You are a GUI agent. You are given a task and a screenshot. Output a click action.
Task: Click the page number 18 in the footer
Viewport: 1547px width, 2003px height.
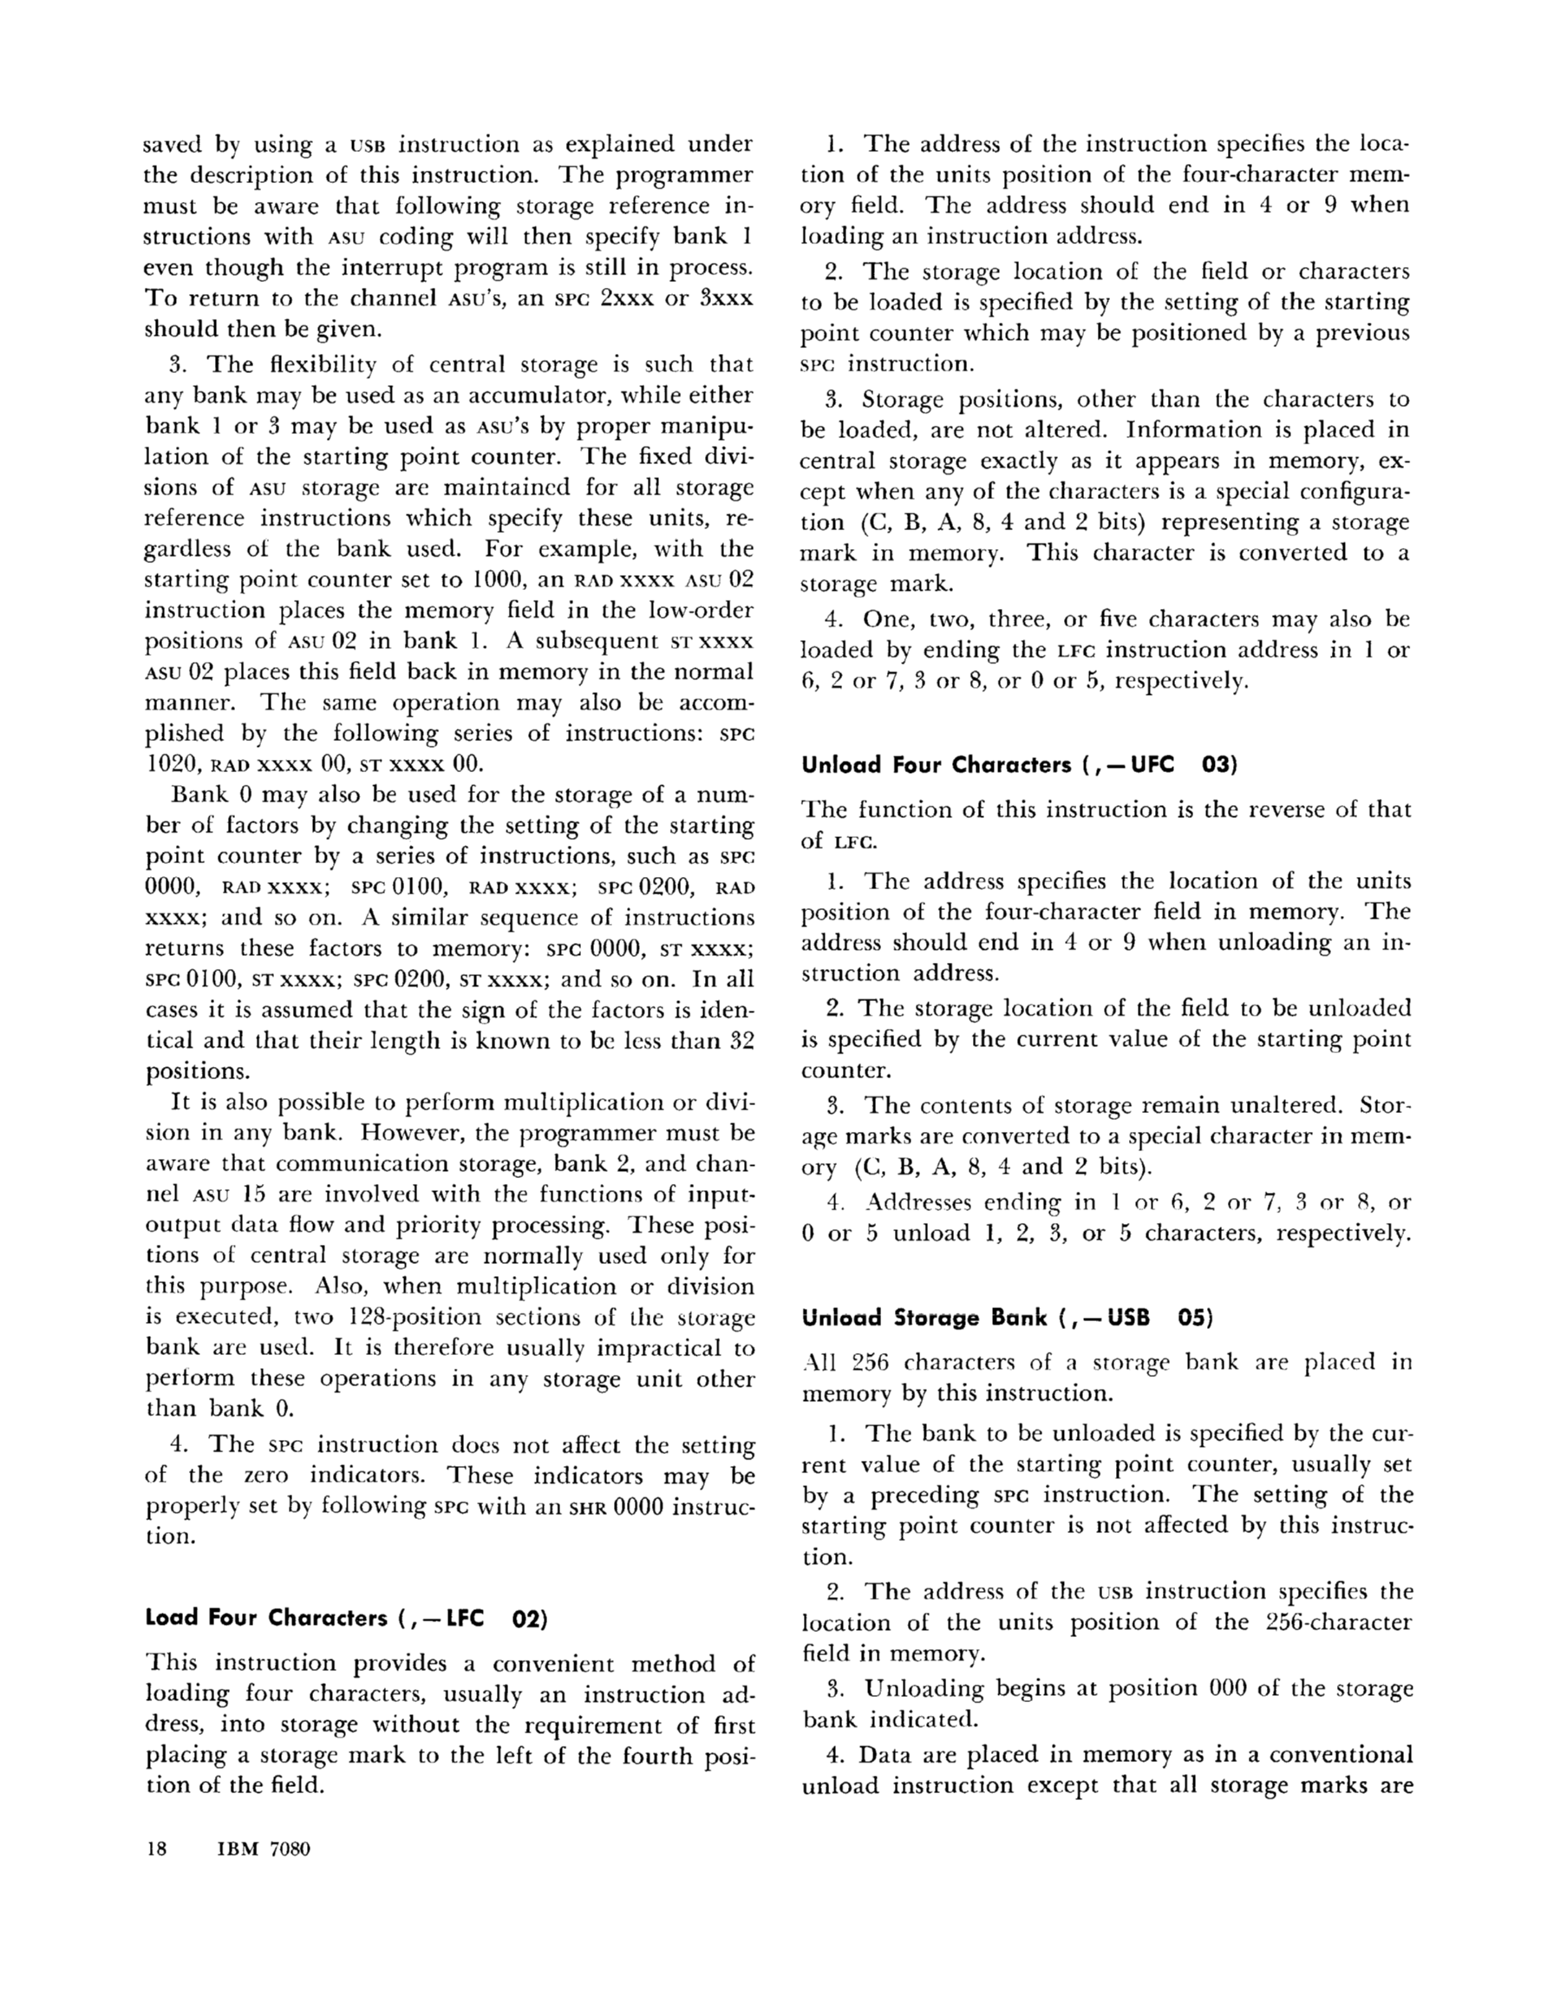click(157, 1848)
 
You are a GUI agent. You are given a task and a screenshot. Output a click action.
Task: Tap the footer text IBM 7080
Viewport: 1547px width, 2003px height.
click(264, 1848)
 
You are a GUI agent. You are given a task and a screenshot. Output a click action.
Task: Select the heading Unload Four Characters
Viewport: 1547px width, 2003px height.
click(936, 765)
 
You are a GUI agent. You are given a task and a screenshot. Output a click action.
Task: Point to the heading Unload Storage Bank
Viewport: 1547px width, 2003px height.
click(924, 1318)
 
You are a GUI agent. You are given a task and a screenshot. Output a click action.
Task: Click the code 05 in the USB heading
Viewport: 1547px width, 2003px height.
click(1195, 1318)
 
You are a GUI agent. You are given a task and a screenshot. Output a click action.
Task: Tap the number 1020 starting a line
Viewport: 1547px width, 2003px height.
click(172, 765)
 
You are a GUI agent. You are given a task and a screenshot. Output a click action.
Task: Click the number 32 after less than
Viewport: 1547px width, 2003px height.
click(741, 1040)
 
